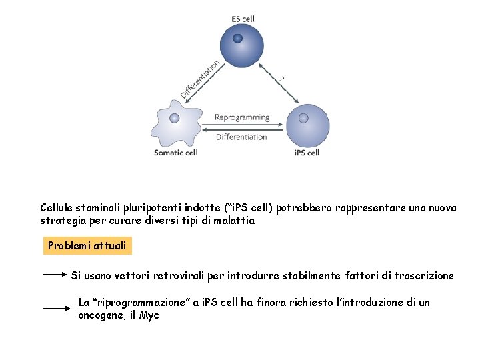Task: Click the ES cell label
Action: pyautogui.click(x=243, y=19)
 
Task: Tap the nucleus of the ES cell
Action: pyautogui.click(x=237, y=38)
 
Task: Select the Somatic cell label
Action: pyautogui.click(x=176, y=153)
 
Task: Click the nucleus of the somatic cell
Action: pyautogui.click(x=175, y=118)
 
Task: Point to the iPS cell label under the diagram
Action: pyautogui.click(x=307, y=153)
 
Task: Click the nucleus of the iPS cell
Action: pyautogui.click(x=303, y=119)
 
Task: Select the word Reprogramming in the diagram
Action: pyautogui.click(x=242, y=117)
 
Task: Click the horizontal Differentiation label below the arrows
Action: pyautogui.click(x=242, y=137)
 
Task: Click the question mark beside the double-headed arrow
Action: pyautogui.click(x=282, y=78)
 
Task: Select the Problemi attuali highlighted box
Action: pyautogui.click(x=87, y=246)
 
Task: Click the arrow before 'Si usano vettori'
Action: pyautogui.click(x=56, y=274)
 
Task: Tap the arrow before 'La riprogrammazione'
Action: pyautogui.click(x=57, y=308)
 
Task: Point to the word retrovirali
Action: pyautogui.click(x=179, y=275)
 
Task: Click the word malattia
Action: pyautogui.click(x=235, y=221)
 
